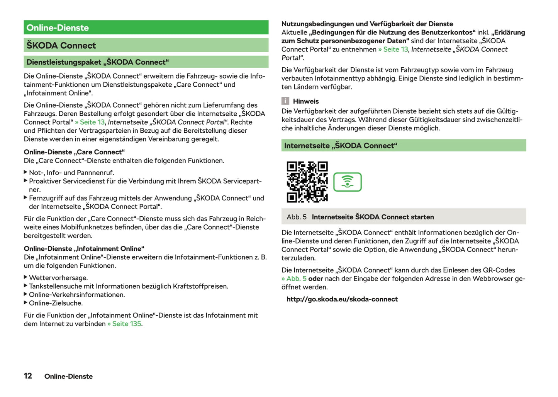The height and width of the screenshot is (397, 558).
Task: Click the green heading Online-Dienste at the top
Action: pos(58,28)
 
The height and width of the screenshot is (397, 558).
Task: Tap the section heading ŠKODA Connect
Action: pos(61,46)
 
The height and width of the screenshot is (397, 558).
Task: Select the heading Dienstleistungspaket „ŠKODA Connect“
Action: pos(98,62)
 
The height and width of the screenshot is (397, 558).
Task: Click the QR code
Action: pos(307,182)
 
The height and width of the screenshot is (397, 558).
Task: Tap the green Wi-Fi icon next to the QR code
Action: pos(347,182)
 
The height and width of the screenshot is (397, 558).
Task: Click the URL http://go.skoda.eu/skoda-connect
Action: pos(342,299)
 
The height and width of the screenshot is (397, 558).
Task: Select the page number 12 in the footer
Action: pos(28,376)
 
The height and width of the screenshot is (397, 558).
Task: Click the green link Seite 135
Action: pos(126,324)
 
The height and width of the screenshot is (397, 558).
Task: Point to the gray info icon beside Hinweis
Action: pos(285,101)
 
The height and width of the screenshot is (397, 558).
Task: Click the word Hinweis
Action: pos(306,101)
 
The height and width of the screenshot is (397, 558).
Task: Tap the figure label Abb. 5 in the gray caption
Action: pos(297,217)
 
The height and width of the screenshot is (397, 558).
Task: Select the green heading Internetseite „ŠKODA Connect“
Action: pos(341,146)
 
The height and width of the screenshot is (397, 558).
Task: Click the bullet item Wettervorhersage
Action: pos(58,278)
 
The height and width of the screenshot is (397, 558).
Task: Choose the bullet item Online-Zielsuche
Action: pos(56,303)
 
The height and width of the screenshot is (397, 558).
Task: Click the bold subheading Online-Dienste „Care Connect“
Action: pos(74,152)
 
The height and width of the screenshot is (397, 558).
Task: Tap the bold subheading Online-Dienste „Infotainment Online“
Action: pos(84,249)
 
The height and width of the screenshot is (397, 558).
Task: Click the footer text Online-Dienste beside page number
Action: pos(68,376)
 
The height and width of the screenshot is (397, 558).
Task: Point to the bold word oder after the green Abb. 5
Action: pos(315,279)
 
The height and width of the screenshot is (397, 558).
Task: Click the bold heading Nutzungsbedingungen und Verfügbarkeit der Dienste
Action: pos(367,24)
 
